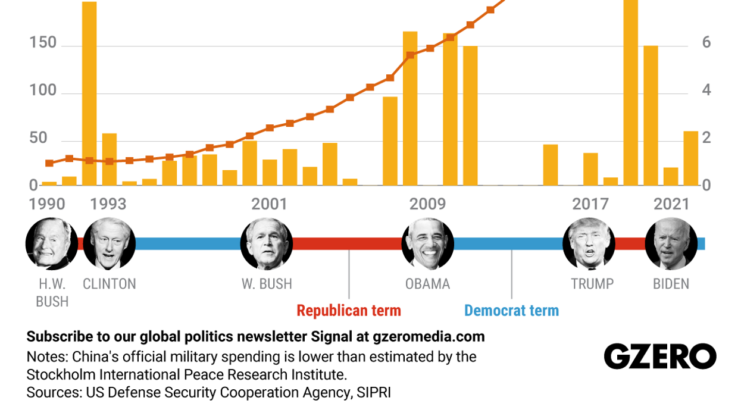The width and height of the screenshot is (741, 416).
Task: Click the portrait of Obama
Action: pos(427,244)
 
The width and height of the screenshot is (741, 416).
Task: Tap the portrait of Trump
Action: pos(589,244)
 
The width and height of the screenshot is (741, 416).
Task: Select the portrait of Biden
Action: pos(671,244)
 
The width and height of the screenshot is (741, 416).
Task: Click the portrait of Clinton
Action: pos(109,244)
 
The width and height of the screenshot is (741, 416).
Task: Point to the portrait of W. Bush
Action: pos(267,244)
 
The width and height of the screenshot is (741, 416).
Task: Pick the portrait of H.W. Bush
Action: pos(52,244)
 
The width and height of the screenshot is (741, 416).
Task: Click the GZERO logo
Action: pos(660,356)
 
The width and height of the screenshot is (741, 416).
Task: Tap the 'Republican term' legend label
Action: pos(349,311)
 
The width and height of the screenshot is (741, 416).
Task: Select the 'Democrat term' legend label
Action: pos(511,311)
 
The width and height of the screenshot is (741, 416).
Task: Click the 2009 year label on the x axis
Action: pos(427,205)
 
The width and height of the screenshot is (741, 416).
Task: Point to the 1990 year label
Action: pos(47,205)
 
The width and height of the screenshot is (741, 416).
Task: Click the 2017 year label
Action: pos(590,205)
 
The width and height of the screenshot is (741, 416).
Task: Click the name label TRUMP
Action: pos(592,284)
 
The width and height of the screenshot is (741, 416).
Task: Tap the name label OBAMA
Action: pos(427,284)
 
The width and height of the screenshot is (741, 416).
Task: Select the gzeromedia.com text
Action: pos(429,337)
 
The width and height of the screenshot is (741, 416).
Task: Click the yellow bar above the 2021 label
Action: pos(671,176)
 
